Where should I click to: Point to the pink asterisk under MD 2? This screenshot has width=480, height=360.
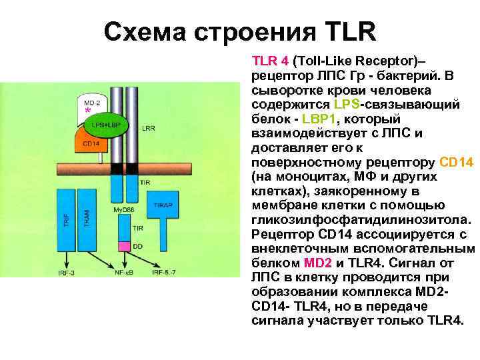[87, 112]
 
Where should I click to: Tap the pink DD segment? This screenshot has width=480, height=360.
[123, 246]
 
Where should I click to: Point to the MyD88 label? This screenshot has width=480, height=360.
[123, 210]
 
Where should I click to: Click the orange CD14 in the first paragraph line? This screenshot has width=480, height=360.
[457, 162]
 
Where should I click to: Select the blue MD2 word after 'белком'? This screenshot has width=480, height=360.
[317, 262]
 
